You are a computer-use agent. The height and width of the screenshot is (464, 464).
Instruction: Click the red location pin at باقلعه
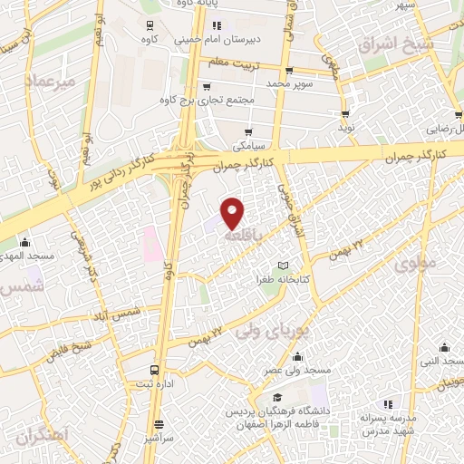pos(234,213)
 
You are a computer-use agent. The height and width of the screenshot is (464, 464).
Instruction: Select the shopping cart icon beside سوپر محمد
pos(289,70)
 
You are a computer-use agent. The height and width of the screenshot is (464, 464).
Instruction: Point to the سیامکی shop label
pos(249,143)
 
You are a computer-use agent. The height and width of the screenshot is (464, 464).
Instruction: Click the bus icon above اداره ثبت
pos(155,371)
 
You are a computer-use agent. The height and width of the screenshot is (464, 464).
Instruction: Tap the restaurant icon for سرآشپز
pos(159,423)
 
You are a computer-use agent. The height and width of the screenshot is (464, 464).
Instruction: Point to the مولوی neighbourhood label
pos(415,265)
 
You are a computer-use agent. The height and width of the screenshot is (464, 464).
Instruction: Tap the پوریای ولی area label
pos(273,333)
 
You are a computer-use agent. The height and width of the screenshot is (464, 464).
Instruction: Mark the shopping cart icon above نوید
pos(345,113)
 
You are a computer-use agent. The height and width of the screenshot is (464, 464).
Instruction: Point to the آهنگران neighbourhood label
pos(40,436)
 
